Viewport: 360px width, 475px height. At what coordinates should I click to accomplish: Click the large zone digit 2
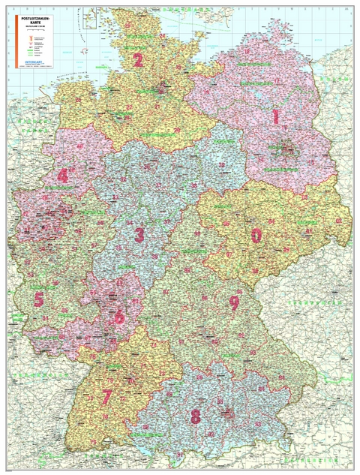[137, 61]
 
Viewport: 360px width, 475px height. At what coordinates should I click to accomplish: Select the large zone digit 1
[275, 116]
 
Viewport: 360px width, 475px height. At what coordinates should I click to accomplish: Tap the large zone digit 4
[62, 176]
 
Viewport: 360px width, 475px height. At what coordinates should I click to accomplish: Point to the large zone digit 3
[139, 235]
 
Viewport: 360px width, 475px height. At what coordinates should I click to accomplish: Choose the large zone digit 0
[256, 236]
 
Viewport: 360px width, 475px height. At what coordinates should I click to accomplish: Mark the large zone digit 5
[38, 299]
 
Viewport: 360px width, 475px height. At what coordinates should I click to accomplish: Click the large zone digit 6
[118, 316]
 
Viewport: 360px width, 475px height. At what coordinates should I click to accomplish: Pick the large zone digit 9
[234, 303]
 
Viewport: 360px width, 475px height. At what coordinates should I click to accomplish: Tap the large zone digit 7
[107, 395]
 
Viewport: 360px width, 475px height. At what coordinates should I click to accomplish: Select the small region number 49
[80, 145]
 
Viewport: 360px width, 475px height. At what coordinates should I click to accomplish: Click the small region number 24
[163, 35]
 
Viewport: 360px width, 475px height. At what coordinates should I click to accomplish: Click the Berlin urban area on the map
[288, 151]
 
